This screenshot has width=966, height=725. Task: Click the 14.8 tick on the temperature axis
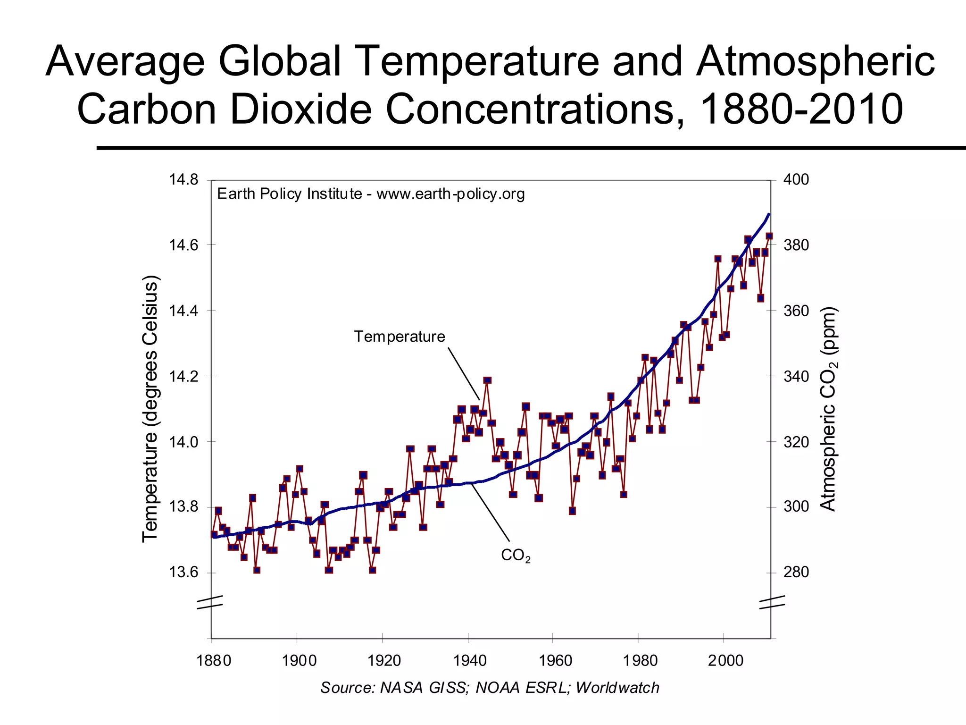pos(183,180)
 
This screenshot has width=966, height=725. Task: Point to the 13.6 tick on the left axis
pos(183,573)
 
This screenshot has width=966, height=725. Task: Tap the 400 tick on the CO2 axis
pos(796,180)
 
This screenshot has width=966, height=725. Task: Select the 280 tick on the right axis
pos(796,573)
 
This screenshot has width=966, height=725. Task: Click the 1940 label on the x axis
pos(470,660)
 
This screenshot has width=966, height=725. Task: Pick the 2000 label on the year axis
pos(725,660)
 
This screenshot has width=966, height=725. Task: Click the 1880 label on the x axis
pos(214,660)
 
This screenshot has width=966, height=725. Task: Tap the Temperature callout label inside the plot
pos(400,337)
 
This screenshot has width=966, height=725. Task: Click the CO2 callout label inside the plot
pos(515,556)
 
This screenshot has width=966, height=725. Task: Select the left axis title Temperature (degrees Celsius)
pos(150,409)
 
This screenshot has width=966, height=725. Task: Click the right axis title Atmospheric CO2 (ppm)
pos(829,409)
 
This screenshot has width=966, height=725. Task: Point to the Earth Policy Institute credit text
pos(371,194)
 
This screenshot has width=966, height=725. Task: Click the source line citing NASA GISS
pos(490,688)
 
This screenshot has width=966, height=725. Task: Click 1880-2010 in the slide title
pos(801,109)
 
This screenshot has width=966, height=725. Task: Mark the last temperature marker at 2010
pos(769,236)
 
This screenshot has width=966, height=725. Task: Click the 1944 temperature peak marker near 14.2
pos(487,380)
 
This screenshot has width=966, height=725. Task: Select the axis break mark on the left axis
pos(210,602)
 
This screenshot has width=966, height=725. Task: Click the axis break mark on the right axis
pos(772,602)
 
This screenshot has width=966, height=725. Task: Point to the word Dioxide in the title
pos(301,109)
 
